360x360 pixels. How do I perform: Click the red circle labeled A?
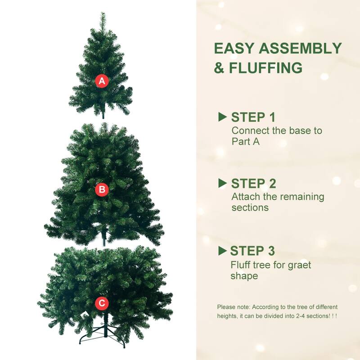(x=102, y=81)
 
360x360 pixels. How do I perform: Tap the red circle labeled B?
(x=102, y=190)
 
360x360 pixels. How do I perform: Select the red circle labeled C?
(x=102, y=303)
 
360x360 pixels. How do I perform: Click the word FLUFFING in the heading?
(x=265, y=68)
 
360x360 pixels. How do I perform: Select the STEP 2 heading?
(x=253, y=184)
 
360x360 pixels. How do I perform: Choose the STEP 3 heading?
(x=253, y=251)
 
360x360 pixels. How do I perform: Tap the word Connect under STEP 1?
(x=248, y=130)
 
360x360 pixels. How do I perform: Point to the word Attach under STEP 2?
(x=244, y=197)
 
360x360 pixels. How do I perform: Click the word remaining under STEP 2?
(x=303, y=197)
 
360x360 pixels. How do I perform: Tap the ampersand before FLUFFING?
(x=219, y=68)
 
